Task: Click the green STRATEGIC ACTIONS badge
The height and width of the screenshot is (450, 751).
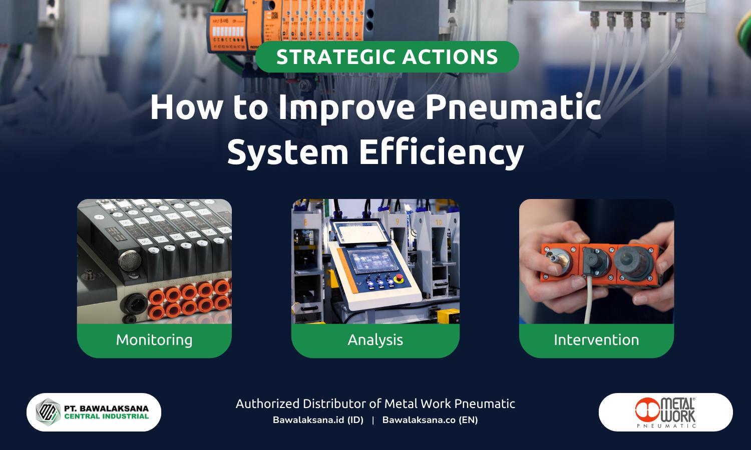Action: coord(387,57)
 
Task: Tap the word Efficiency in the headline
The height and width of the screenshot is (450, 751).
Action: coord(441,152)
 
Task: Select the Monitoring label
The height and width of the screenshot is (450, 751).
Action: coord(154,340)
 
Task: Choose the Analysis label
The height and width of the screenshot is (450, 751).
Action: coord(375,340)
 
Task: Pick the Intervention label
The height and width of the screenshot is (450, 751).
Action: coord(596,340)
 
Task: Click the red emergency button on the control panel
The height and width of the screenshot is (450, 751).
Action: coord(400,278)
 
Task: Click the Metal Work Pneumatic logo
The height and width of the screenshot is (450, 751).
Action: coord(665,412)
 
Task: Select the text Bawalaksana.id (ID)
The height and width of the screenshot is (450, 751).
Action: coord(318,420)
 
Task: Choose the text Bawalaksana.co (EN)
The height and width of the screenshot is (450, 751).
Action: coord(430,420)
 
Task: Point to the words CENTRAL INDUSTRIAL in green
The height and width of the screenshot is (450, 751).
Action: coord(107,416)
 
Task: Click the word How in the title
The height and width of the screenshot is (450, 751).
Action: coord(185,107)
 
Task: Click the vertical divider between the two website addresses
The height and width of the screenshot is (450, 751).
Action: coord(373,420)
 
